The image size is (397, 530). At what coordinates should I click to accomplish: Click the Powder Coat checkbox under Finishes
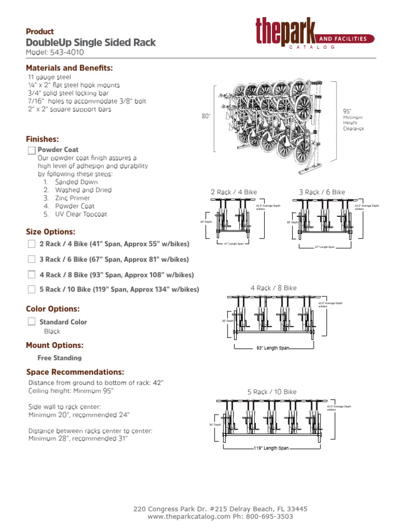coord(32,150)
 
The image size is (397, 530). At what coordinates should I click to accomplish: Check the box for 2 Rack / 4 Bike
coord(32,244)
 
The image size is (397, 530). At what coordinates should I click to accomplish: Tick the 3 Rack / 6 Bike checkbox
coord(32,259)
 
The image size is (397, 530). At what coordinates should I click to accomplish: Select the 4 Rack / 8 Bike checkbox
coord(32,275)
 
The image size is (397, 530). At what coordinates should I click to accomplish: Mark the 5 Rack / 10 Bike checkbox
coord(32,289)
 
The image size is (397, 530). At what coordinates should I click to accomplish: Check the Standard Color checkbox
coord(32,322)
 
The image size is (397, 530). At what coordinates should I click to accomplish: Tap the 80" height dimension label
coord(206,116)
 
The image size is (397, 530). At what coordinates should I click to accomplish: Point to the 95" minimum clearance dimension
coord(347,111)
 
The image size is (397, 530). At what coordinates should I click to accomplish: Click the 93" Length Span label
coord(273,348)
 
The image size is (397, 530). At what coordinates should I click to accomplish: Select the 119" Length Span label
coord(271,448)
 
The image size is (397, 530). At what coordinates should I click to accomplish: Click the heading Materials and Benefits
coord(69,68)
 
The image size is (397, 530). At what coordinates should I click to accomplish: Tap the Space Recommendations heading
coord(75,372)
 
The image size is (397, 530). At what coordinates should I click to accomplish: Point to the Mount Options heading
coord(55,345)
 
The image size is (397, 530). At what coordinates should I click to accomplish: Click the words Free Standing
coord(59,358)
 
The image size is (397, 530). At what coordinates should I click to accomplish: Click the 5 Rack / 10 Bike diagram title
coord(272,392)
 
